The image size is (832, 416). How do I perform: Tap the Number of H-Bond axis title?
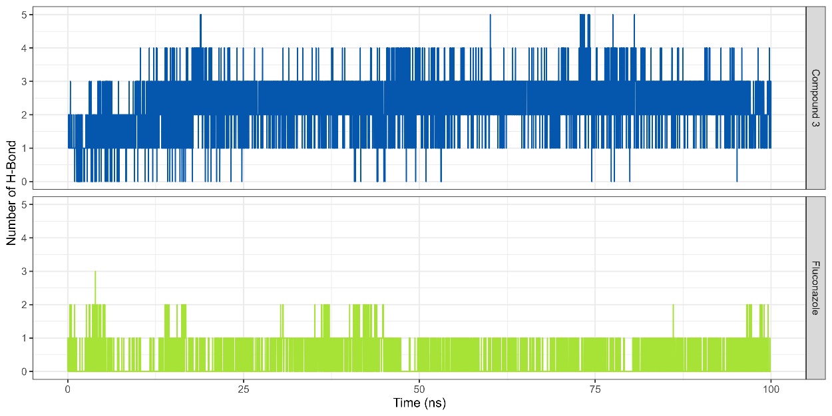(x=11, y=193)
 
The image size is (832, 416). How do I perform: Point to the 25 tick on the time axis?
(x=244, y=388)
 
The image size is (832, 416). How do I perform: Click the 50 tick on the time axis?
(x=419, y=388)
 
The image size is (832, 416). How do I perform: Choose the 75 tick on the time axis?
(x=595, y=388)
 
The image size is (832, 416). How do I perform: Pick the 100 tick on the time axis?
(x=771, y=388)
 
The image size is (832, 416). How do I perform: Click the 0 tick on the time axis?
(x=68, y=388)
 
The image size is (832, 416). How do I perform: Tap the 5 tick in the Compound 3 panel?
(x=23, y=15)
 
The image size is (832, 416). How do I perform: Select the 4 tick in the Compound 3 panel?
(x=23, y=48)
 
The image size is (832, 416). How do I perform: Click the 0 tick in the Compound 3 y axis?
(x=23, y=182)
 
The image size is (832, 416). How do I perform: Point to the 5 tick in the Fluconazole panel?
(x=23, y=204)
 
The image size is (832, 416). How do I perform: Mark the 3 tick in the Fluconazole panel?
(x=23, y=272)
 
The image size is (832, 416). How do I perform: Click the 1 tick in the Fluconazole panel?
(x=23, y=338)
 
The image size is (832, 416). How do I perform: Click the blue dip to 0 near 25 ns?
(x=242, y=178)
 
